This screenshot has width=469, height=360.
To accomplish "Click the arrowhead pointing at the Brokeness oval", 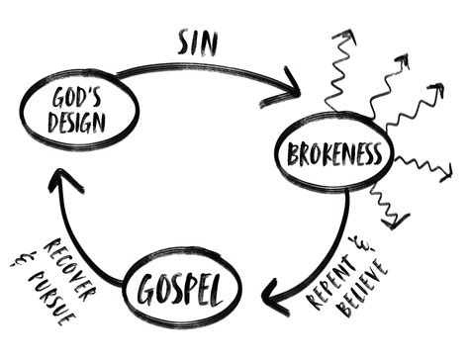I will click(293, 88).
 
